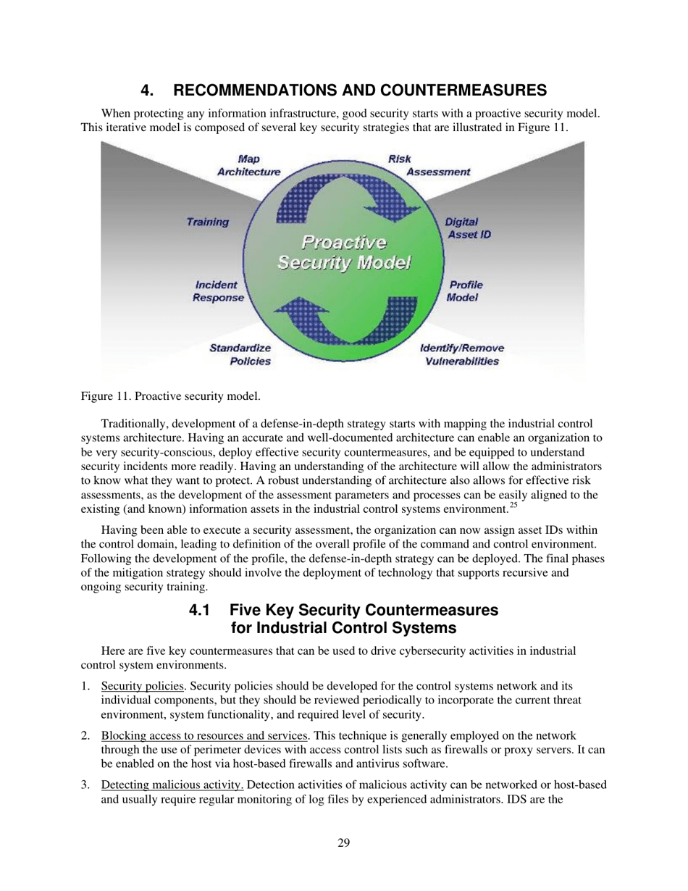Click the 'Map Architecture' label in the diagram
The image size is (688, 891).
pos(248,165)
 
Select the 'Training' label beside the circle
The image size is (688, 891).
pos(208,222)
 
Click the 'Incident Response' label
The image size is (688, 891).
pos(217,291)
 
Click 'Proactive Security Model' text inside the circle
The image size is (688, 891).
pos(344,251)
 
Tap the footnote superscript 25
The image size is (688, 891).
pos(513,505)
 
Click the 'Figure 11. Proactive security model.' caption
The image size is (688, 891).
pos(171,396)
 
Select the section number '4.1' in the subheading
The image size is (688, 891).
pos(201,611)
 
